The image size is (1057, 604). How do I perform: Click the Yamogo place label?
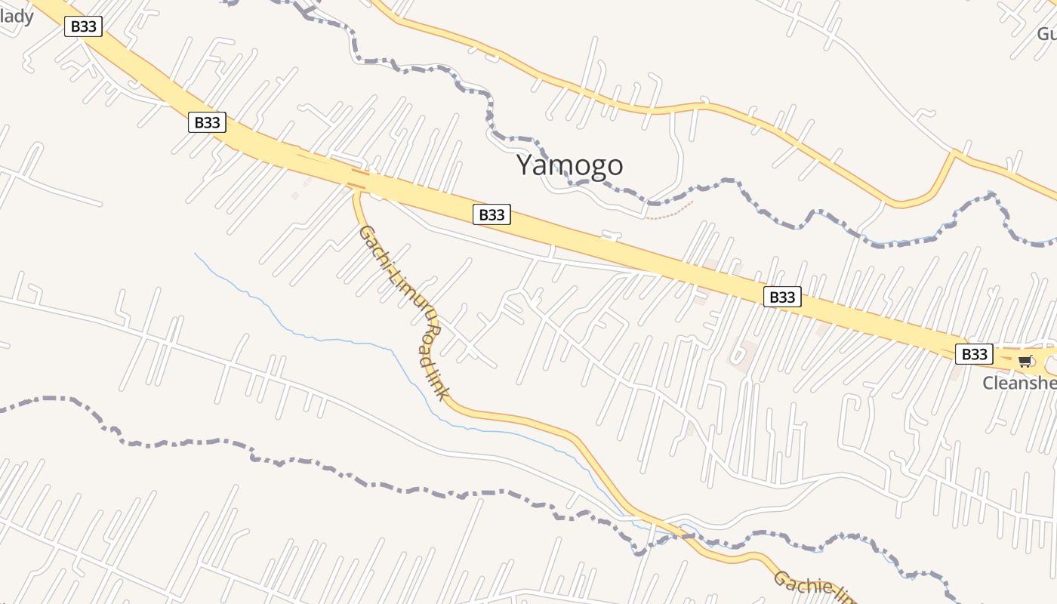click(570, 165)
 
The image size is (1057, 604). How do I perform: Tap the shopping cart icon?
click(1024, 361)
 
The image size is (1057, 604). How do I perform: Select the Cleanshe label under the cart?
click(1019, 383)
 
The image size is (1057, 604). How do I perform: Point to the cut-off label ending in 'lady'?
click(17, 15)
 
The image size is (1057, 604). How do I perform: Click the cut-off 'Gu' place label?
click(1046, 34)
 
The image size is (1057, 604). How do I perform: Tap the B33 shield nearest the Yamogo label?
click(492, 214)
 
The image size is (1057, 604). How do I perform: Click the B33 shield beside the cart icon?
click(974, 353)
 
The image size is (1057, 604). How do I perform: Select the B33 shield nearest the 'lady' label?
click(83, 26)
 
